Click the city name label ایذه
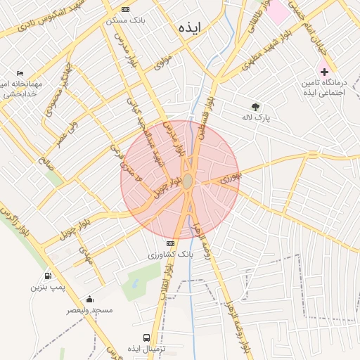point(190,28)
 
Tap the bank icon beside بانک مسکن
point(125,9)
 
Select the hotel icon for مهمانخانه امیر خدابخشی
point(20,73)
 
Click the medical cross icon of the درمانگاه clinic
point(324,72)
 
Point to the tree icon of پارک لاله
point(256,106)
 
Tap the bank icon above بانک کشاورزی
point(169,243)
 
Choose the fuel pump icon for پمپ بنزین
point(48,276)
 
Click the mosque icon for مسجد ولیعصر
point(89,299)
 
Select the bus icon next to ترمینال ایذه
point(146,337)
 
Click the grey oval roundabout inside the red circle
point(188,181)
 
